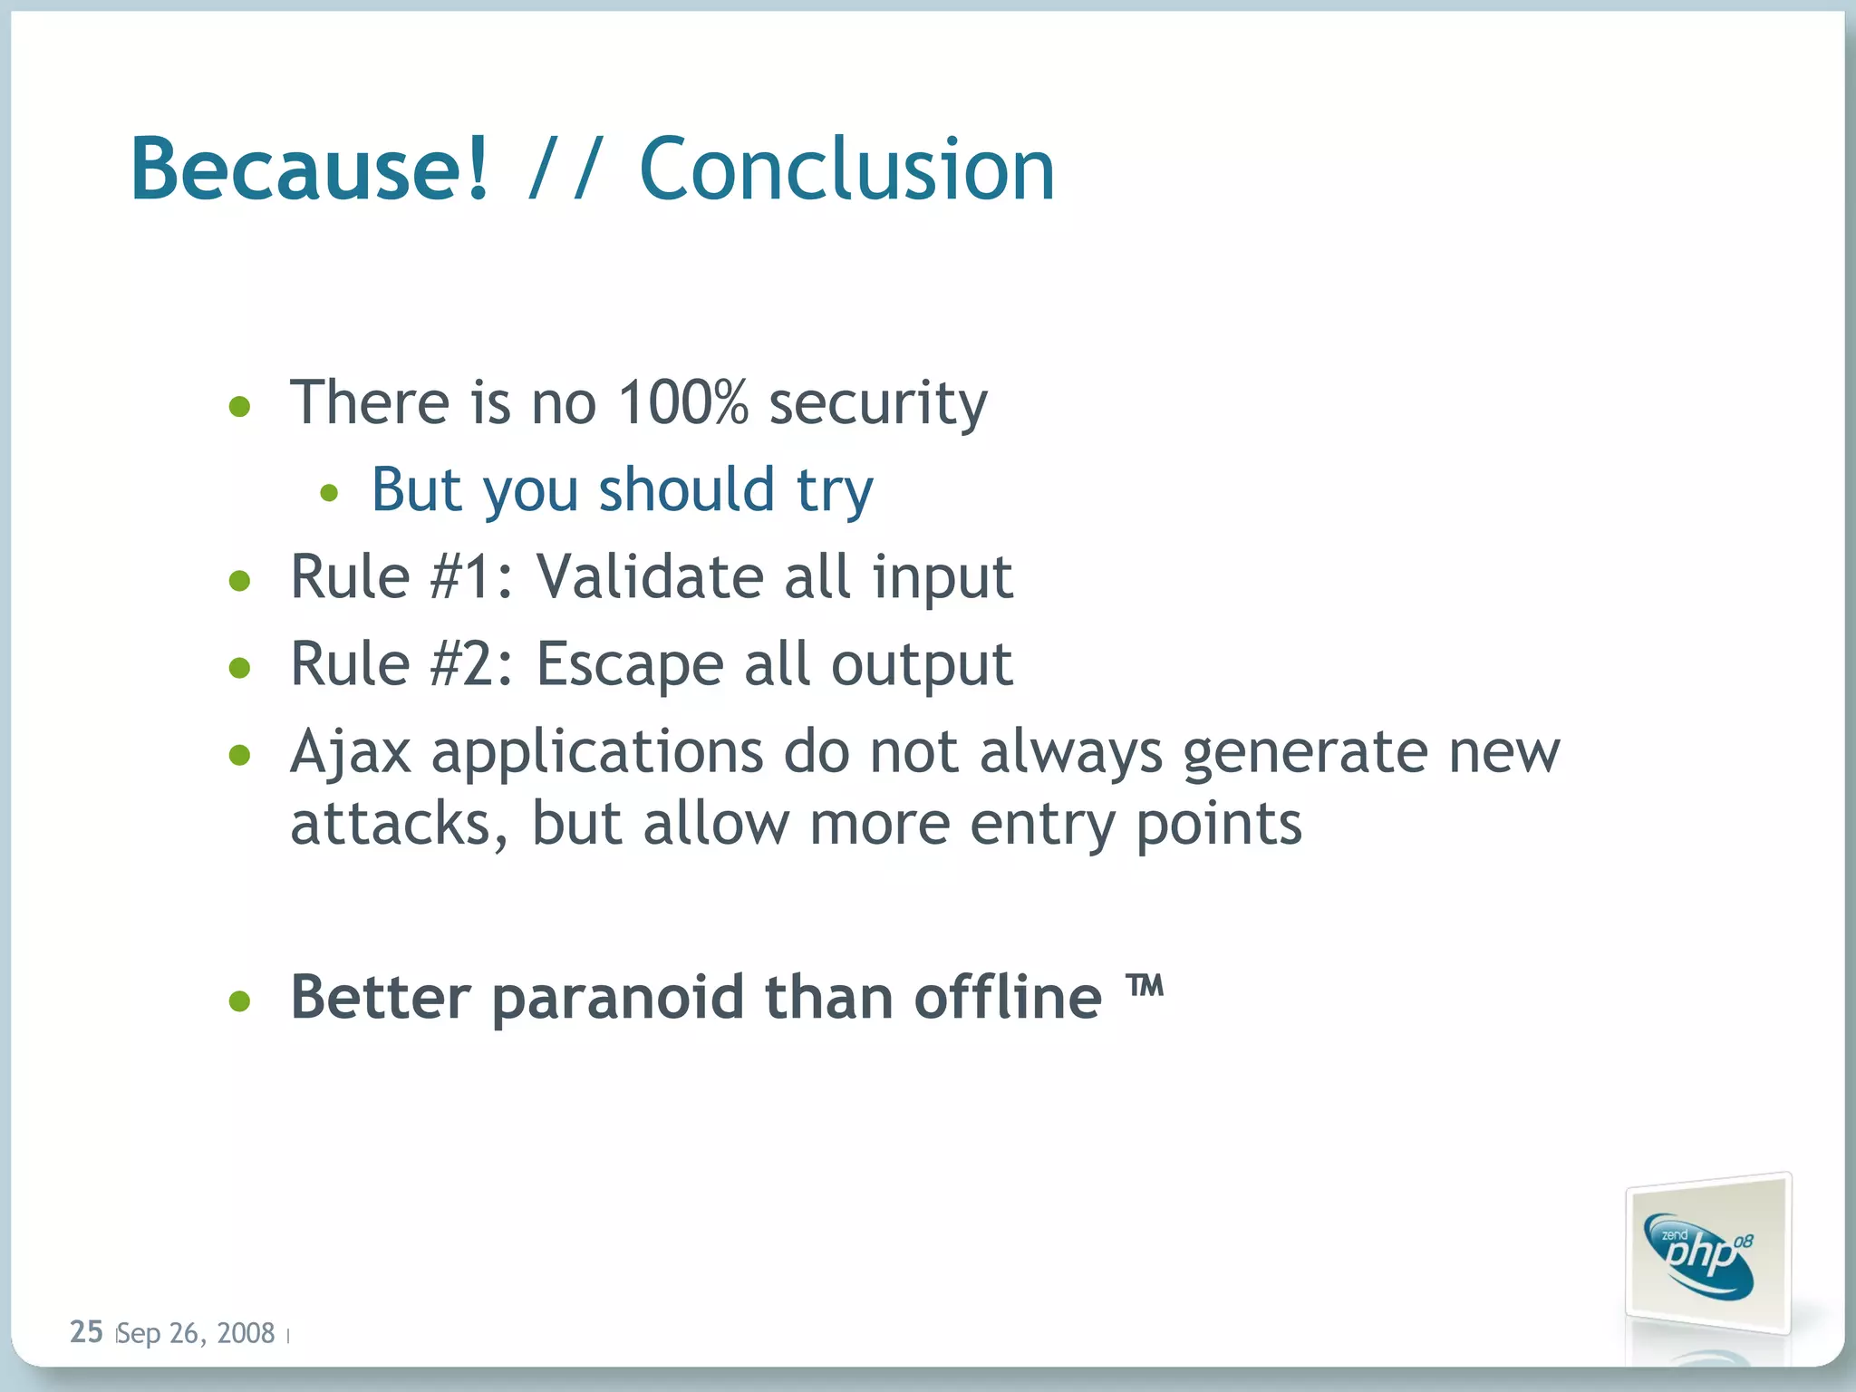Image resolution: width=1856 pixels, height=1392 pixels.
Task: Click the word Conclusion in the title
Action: coord(847,169)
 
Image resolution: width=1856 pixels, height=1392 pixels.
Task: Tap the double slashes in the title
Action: coord(564,169)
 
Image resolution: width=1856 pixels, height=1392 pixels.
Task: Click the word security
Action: coord(878,404)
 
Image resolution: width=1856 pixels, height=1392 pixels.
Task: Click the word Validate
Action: coord(650,576)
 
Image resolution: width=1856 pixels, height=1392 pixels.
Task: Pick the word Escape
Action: coord(630,665)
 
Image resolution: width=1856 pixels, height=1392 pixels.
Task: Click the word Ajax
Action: coord(351,752)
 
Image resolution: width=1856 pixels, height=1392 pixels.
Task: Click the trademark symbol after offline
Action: coord(1145,985)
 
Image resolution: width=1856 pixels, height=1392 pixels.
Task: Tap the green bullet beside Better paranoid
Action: coord(239,1001)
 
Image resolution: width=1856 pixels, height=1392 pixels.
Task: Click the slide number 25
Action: coord(86,1331)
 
